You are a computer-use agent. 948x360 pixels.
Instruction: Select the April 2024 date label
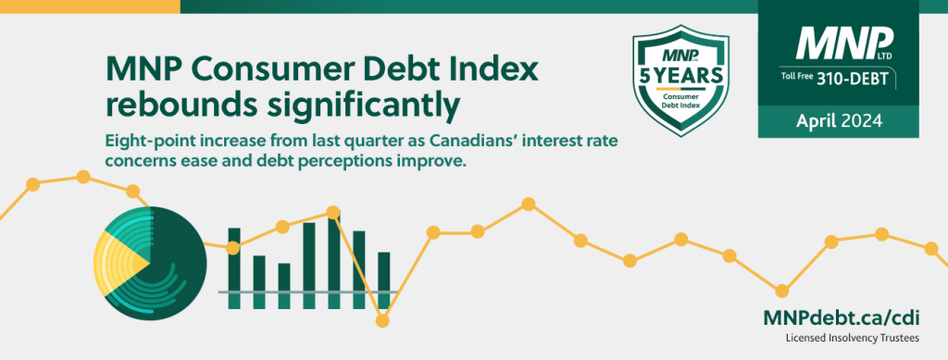tap(839, 121)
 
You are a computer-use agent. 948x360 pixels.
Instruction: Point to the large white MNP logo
tap(844, 43)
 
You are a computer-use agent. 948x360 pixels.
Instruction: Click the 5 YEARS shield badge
tap(680, 81)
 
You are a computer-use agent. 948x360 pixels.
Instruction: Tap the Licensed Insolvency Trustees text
tap(853, 339)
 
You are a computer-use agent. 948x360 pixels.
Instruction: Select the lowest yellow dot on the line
tap(382, 321)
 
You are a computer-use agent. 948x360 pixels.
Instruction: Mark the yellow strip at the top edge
tap(90, 6)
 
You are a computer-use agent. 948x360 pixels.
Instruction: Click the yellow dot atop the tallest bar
tap(332, 212)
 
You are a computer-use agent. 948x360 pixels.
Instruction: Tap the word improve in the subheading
tap(435, 163)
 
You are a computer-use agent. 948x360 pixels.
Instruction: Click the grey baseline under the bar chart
tap(307, 292)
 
